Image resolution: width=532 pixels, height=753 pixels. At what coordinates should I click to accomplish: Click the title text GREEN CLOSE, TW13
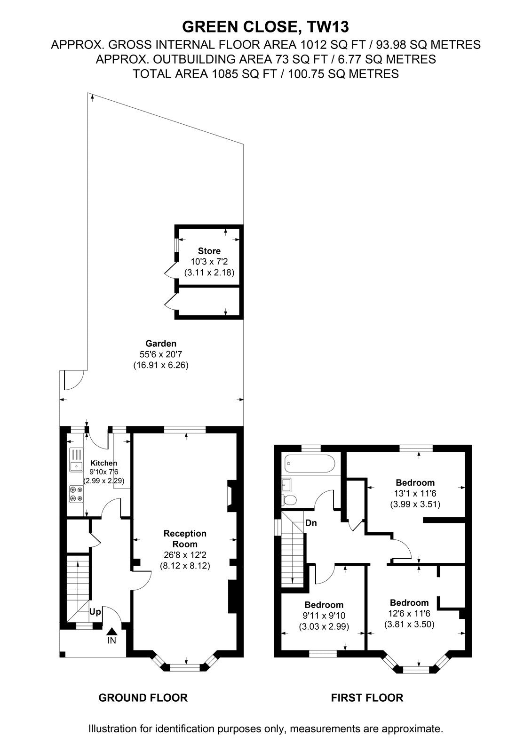(265, 27)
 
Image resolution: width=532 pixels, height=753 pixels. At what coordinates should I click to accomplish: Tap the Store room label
(209, 251)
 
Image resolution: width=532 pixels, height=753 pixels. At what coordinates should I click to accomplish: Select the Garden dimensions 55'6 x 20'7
(161, 354)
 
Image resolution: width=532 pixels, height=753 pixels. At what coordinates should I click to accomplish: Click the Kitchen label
(103, 463)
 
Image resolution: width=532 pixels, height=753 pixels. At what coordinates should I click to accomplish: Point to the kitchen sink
(76, 459)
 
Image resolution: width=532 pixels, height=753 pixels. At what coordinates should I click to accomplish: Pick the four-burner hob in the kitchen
(76, 494)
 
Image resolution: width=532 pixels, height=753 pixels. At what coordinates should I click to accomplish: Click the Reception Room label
(185, 538)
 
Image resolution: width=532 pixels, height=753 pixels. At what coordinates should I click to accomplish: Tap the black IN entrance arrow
(111, 632)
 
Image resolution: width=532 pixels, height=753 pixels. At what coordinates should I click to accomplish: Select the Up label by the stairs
(95, 612)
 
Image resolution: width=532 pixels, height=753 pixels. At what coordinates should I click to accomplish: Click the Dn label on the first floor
(311, 523)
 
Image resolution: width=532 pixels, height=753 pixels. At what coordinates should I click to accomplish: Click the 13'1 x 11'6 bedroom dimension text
(415, 494)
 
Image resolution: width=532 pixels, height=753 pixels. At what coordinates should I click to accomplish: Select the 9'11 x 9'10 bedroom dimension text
(324, 616)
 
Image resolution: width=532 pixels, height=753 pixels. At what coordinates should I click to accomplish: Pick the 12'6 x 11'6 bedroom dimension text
(409, 613)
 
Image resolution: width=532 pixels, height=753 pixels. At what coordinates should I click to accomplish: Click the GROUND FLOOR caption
(143, 697)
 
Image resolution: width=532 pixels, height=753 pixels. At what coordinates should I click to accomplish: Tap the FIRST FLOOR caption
(367, 697)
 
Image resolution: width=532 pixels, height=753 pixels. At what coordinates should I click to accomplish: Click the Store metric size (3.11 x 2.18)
(209, 272)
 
